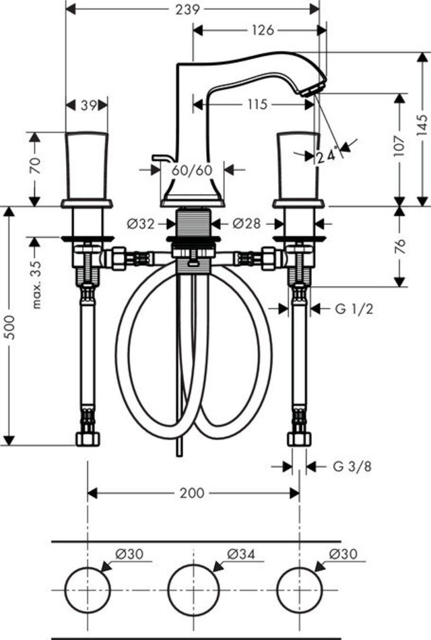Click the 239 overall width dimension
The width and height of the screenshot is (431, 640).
tap(188, 9)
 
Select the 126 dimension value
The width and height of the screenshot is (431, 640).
tap(263, 30)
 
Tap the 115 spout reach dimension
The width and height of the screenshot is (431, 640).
tap(257, 104)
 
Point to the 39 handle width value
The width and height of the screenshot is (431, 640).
tap(88, 105)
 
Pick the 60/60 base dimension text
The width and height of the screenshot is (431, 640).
tap(192, 170)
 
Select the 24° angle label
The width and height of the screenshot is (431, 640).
tap(328, 155)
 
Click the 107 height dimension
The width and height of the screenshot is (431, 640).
tap(399, 145)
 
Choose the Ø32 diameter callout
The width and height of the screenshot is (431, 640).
tap(140, 224)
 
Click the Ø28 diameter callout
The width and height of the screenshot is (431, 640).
tap(246, 224)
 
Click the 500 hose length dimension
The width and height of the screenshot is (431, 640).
tap(10, 327)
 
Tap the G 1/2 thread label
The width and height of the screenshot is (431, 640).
tap(354, 309)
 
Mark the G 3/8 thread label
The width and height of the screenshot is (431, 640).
tap(352, 466)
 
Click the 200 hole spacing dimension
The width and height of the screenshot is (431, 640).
tap(192, 493)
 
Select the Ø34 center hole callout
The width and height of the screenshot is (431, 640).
tap(241, 554)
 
